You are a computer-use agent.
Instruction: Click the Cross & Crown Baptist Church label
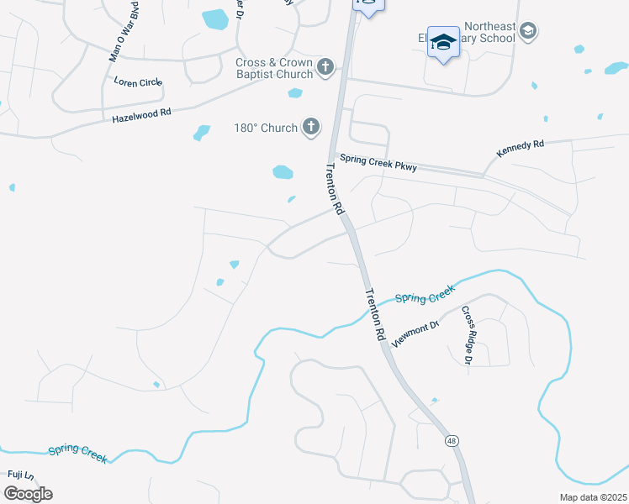pos(274,68)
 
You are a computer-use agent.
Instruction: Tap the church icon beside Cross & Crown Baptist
pos(326,65)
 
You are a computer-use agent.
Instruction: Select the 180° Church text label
pos(266,128)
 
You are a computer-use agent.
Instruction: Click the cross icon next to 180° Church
pos(311,128)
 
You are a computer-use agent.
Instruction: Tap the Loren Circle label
pos(138,82)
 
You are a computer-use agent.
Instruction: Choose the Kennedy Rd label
pos(521,145)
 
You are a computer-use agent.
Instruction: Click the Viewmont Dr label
pos(415,334)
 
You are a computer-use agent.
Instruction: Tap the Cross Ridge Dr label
pos(467,335)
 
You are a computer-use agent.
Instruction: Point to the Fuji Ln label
pos(20,475)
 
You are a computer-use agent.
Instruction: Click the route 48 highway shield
pos(452,440)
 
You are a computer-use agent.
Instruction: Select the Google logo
pos(28,493)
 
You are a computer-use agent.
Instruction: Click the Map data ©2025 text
pos(593,497)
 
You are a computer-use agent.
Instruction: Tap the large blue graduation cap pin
pos(442,43)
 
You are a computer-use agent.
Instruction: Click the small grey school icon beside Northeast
pos(528,32)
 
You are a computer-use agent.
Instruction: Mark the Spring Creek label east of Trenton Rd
pos(425,294)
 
